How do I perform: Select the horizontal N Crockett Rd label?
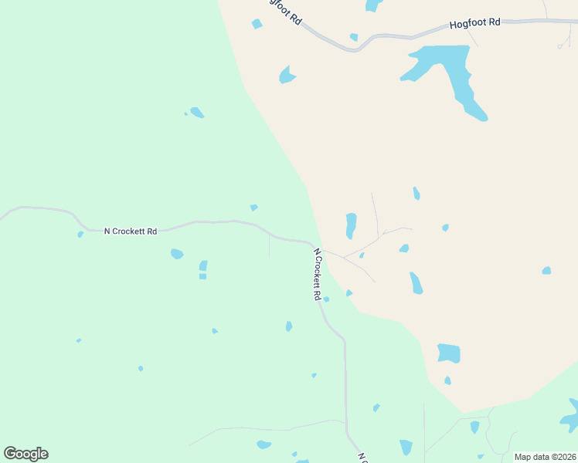(131, 231)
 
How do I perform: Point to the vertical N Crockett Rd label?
(317, 274)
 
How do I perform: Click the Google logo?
(25, 454)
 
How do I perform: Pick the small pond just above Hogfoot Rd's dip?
(354, 36)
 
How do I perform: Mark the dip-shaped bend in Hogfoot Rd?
(355, 49)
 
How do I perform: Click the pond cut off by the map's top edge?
(373, 5)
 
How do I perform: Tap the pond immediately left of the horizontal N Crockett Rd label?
(80, 234)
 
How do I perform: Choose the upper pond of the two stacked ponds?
(203, 265)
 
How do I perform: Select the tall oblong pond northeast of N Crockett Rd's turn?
(351, 225)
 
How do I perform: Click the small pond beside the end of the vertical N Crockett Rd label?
(326, 299)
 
